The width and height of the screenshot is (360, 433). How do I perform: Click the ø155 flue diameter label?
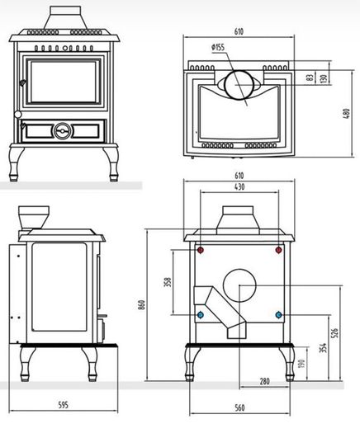[x=218, y=47]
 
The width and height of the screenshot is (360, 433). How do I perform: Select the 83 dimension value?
[x=310, y=78]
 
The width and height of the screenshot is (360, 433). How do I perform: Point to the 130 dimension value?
[x=323, y=78]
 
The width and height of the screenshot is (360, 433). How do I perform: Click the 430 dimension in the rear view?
[x=239, y=187]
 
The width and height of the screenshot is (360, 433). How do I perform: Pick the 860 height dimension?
[x=141, y=304]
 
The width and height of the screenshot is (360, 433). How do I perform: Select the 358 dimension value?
[x=168, y=282]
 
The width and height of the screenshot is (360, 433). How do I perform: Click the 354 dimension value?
[x=323, y=348]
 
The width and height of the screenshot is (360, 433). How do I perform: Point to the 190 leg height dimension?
[x=301, y=364]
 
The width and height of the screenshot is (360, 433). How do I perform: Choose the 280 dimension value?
[x=264, y=381]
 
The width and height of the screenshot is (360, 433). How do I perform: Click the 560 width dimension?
[x=239, y=407]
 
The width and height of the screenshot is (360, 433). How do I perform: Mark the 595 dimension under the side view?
[x=64, y=405]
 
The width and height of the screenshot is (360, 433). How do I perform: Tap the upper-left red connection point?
[x=201, y=251]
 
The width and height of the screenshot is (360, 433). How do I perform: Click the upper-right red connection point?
[x=278, y=250]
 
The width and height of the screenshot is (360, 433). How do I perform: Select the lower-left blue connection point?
[x=201, y=314]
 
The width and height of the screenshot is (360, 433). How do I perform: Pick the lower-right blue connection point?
[x=278, y=314]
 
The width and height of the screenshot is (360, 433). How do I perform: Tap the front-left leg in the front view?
[x=16, y=164]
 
